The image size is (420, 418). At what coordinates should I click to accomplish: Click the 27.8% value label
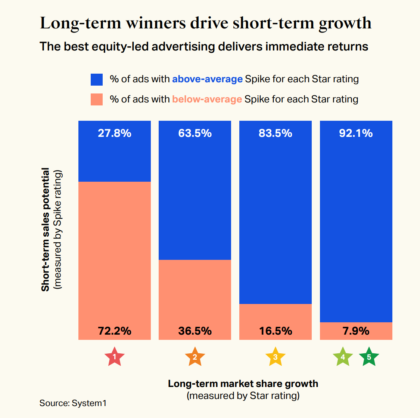[115, 133]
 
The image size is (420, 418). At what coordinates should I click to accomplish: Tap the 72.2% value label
[115, 331]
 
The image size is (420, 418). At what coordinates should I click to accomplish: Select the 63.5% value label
[195, 133]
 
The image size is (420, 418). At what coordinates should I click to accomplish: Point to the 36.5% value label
[195, 331]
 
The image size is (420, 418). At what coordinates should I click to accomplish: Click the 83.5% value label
[276, 133]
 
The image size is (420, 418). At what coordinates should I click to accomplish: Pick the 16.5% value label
[276, 331]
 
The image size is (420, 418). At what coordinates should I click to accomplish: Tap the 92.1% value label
[356, 133]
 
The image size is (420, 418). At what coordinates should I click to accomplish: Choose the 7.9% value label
[356, 331]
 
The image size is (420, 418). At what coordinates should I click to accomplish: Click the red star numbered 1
[115, 357]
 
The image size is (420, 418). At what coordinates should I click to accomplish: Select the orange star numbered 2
[195, 357]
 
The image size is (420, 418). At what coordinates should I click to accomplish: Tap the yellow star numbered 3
[276, 357]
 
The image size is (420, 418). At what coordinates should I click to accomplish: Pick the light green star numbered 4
[343, 357]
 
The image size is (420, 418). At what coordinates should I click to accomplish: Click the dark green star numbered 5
[369, 357]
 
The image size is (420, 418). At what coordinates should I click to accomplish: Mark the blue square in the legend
[97, 79]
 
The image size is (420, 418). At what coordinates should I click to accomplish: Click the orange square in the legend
[97, 99]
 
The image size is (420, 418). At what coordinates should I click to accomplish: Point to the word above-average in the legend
[207, 79]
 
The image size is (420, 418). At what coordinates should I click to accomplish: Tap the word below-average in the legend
[207, 99]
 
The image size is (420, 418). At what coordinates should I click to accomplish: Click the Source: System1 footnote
[73, 403]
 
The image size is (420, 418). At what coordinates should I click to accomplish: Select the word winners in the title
[156, 23]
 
